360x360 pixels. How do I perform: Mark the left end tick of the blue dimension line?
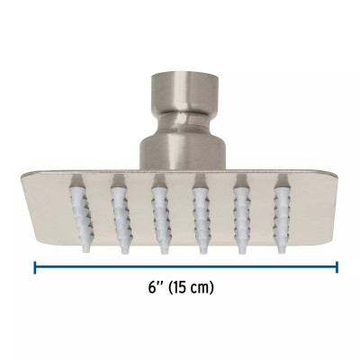tap(35, 266)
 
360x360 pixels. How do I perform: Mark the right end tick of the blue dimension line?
tap(337, 266)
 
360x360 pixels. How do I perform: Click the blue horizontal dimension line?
tap(108, 266)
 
